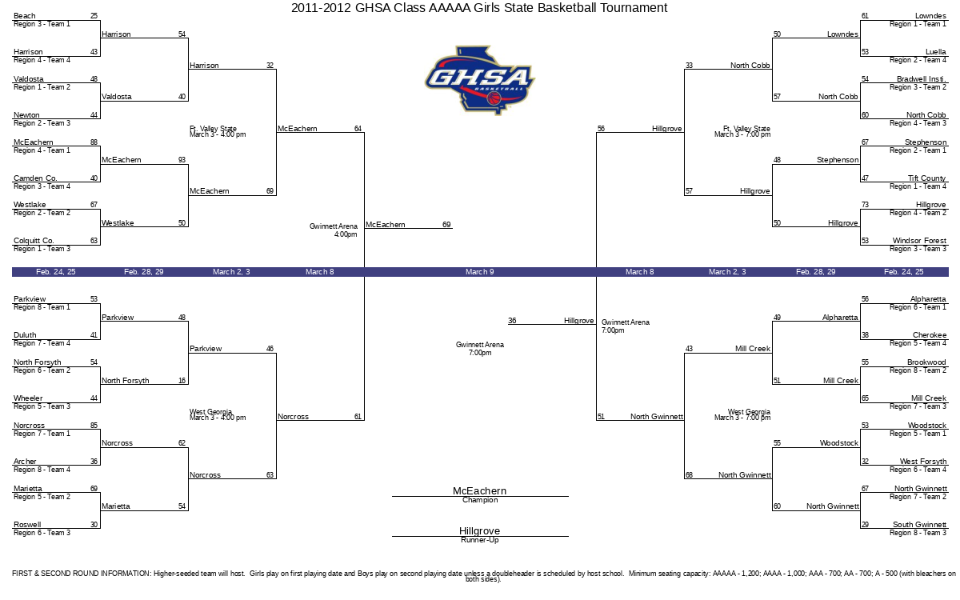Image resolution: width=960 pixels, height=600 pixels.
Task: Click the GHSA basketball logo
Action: point(479,81)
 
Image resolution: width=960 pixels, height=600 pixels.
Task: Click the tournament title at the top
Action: point(479,8)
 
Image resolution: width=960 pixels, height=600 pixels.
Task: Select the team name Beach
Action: point(25,16)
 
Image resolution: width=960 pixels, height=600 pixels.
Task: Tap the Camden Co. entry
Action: point(35,178)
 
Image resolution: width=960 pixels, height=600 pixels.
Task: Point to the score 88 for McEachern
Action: point(94,142)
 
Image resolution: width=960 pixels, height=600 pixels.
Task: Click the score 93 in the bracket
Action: point(182,160)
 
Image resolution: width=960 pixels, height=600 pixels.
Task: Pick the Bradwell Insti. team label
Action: point(922,79)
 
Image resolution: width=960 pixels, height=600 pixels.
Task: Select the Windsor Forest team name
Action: point(919,241)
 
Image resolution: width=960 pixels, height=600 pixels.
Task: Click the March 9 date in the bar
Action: point(479,272)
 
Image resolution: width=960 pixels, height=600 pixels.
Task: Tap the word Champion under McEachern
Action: point(480,500)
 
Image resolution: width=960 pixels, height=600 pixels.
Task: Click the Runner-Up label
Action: point(480,540)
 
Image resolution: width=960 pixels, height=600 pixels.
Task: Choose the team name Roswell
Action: point(27,525)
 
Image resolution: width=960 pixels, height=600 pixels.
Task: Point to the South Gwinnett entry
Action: point(919,525)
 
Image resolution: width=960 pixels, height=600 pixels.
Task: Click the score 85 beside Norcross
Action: point(94,426)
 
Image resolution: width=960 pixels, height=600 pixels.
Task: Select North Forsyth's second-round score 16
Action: point(182,381)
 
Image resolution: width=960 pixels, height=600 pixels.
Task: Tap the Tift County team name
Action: point(926,178)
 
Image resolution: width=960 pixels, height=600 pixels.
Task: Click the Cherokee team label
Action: point(929,335)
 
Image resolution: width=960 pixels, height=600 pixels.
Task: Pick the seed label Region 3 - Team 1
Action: point(42,24)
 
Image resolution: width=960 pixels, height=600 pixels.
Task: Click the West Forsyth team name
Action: point(922,462)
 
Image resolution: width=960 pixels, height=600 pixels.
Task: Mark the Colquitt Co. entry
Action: point(34,241)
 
